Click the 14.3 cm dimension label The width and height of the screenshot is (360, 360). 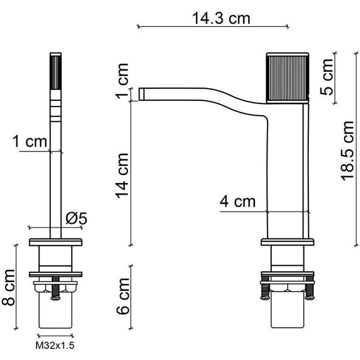[221, 18]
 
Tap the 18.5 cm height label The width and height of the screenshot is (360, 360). [347, 151]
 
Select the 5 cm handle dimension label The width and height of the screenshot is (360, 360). [327, 77]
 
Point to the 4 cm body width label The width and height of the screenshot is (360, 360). [238, 201]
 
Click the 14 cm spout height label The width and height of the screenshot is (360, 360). [122, 176]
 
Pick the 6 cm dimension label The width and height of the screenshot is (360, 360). [123, 296]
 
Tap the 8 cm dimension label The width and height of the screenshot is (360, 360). [9, 288]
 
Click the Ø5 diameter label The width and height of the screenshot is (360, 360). [77, 218]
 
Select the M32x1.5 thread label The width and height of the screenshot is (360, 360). [55, 345]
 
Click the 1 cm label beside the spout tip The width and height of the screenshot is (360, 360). [122, 81]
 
